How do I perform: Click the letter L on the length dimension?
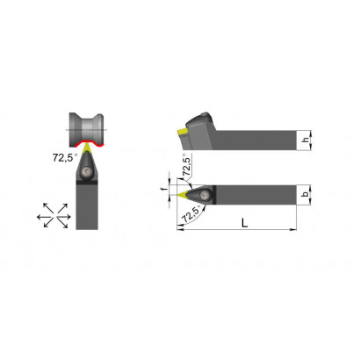tap(245, 223)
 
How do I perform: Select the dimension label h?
tap(306, 140)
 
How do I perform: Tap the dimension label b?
tap(306, 194)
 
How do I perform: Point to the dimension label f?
tap(165, 189)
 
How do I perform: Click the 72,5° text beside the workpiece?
tap(65, 158)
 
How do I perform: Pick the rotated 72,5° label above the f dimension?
tap(187, 166)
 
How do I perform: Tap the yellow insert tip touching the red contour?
tap(87, 148)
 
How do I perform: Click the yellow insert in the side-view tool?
tap(183, 133)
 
